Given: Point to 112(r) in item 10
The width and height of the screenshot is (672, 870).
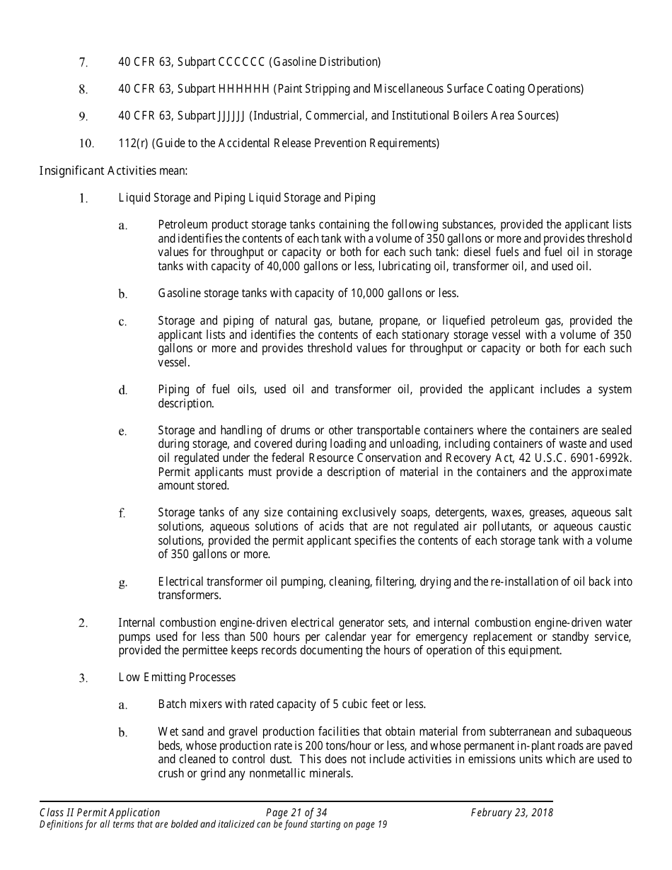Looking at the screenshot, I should click(132, 144).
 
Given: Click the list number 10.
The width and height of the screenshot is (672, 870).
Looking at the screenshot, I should click(86, 144).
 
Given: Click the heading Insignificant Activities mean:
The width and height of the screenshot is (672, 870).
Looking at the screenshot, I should click(113, 170).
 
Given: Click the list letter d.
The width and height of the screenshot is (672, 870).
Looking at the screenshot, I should click(122, 390).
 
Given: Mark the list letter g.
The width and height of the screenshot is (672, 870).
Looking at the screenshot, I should click(122, 583).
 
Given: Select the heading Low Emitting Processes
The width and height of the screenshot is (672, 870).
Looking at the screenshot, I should click(177, 678).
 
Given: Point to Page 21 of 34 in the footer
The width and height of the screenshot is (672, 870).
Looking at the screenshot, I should click(296, 813).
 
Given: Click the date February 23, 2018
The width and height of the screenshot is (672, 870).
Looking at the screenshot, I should click(512, 813).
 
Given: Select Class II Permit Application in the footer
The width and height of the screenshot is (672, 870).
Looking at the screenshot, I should click(100, 813).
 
